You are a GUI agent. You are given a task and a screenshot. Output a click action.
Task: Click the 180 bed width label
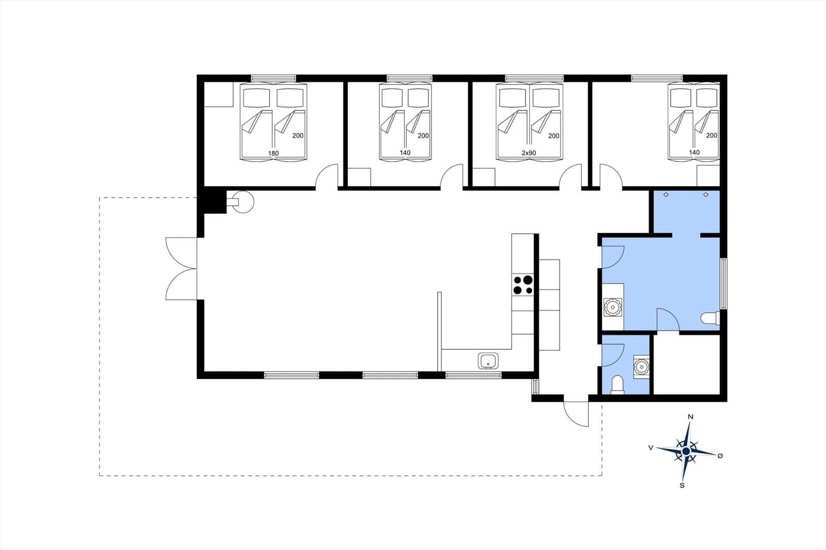[x=273, y=153]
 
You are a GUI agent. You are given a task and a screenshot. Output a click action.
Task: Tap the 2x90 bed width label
[x=529, y=153]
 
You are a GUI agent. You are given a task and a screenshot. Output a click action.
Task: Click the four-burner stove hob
[x=523, y=285]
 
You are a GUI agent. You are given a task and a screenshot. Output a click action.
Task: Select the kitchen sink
[x=488, y=361]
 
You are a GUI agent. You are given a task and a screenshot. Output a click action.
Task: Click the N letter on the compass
[x=691, y=417]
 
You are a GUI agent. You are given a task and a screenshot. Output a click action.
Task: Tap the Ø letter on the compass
[x=720, y=456]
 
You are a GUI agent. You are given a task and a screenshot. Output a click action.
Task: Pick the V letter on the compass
[x=651, y=447]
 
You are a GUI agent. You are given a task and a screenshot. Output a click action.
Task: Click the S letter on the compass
[x=682, y=486]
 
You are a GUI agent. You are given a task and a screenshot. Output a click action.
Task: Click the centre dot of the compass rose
[x=686, y=451]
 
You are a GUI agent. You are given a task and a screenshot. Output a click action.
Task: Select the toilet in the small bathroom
[x=617, y=384]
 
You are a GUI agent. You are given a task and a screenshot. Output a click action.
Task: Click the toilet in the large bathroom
[x=710, y=318]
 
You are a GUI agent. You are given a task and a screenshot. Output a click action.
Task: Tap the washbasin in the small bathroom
[x=642, y=367]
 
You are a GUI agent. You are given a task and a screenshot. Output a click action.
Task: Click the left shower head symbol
[x=666, y=195]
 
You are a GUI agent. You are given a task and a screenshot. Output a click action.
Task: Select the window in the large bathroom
[x=724, y=283]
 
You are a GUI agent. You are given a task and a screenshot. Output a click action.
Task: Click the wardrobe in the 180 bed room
[x=219, y=94]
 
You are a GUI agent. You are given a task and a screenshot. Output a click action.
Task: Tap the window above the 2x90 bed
[x=534, y=78]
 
